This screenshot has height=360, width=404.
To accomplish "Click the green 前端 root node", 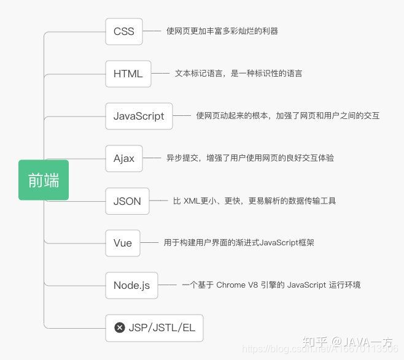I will [44, 180].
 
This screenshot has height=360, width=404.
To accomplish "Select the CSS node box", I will [123, 31].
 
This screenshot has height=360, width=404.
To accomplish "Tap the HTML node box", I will [128, 74].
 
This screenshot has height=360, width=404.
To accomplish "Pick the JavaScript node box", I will [139, 116].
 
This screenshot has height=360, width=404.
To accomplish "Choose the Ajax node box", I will [123, 158].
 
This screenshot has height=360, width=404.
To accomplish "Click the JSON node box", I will [127, 201].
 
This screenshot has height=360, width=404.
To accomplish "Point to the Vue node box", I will [123, 243].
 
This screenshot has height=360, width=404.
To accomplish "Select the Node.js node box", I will [131, 285].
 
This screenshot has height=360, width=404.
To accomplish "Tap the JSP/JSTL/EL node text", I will [162, 327].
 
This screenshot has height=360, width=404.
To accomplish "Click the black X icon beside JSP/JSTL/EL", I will [120, 327].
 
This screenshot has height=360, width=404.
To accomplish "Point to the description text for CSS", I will [222, 31].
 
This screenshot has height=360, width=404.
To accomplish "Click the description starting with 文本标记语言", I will [238, 74].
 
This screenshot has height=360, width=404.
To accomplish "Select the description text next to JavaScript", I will [288, 115].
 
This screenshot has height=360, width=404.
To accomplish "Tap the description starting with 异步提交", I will [250, 158].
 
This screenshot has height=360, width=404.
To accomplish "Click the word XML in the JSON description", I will [194, 201].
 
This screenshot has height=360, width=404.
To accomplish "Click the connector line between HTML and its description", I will [160, 74].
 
